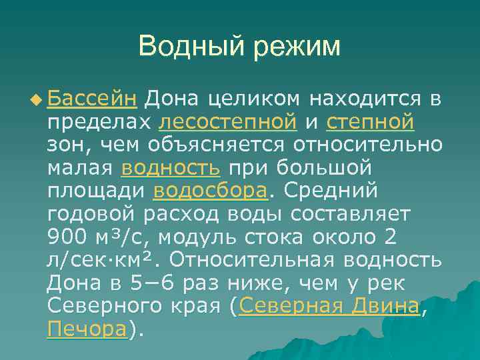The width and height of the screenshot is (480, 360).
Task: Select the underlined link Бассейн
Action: click(x=93, y=100)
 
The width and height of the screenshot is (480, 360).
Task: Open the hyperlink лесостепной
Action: click(x=228, y=123)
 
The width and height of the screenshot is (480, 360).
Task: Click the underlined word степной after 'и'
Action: click(x=371, y=123)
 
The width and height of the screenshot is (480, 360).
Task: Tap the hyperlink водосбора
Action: click(x=210, y=191)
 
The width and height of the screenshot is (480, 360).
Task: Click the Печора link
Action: click(x=87, y=329)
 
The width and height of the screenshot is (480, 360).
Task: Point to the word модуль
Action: click(x=203, y=237)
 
